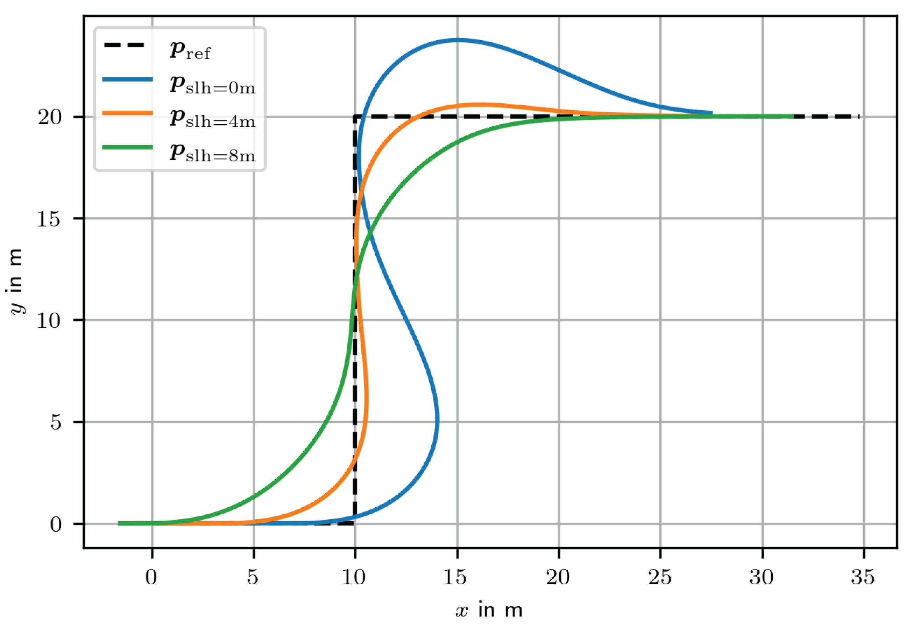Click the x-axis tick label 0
[x=151, y=577]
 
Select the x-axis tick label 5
[x=253, y=577]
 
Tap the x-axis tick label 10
[x=354, y=577]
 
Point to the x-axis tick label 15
[x=455, y=577]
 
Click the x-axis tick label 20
[x=558, y=577]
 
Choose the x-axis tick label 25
[x=659, y=577]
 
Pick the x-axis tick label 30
[x=762, y=577]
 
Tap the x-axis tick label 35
[x=863, y=577]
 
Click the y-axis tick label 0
[x=56, y=524]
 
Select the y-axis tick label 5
[x=56, y=423]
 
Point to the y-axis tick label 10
[x=49, y=320]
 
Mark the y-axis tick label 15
[x=49, y=218]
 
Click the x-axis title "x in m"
[x=489, y=610]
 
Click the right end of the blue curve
[x=711, y=113]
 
